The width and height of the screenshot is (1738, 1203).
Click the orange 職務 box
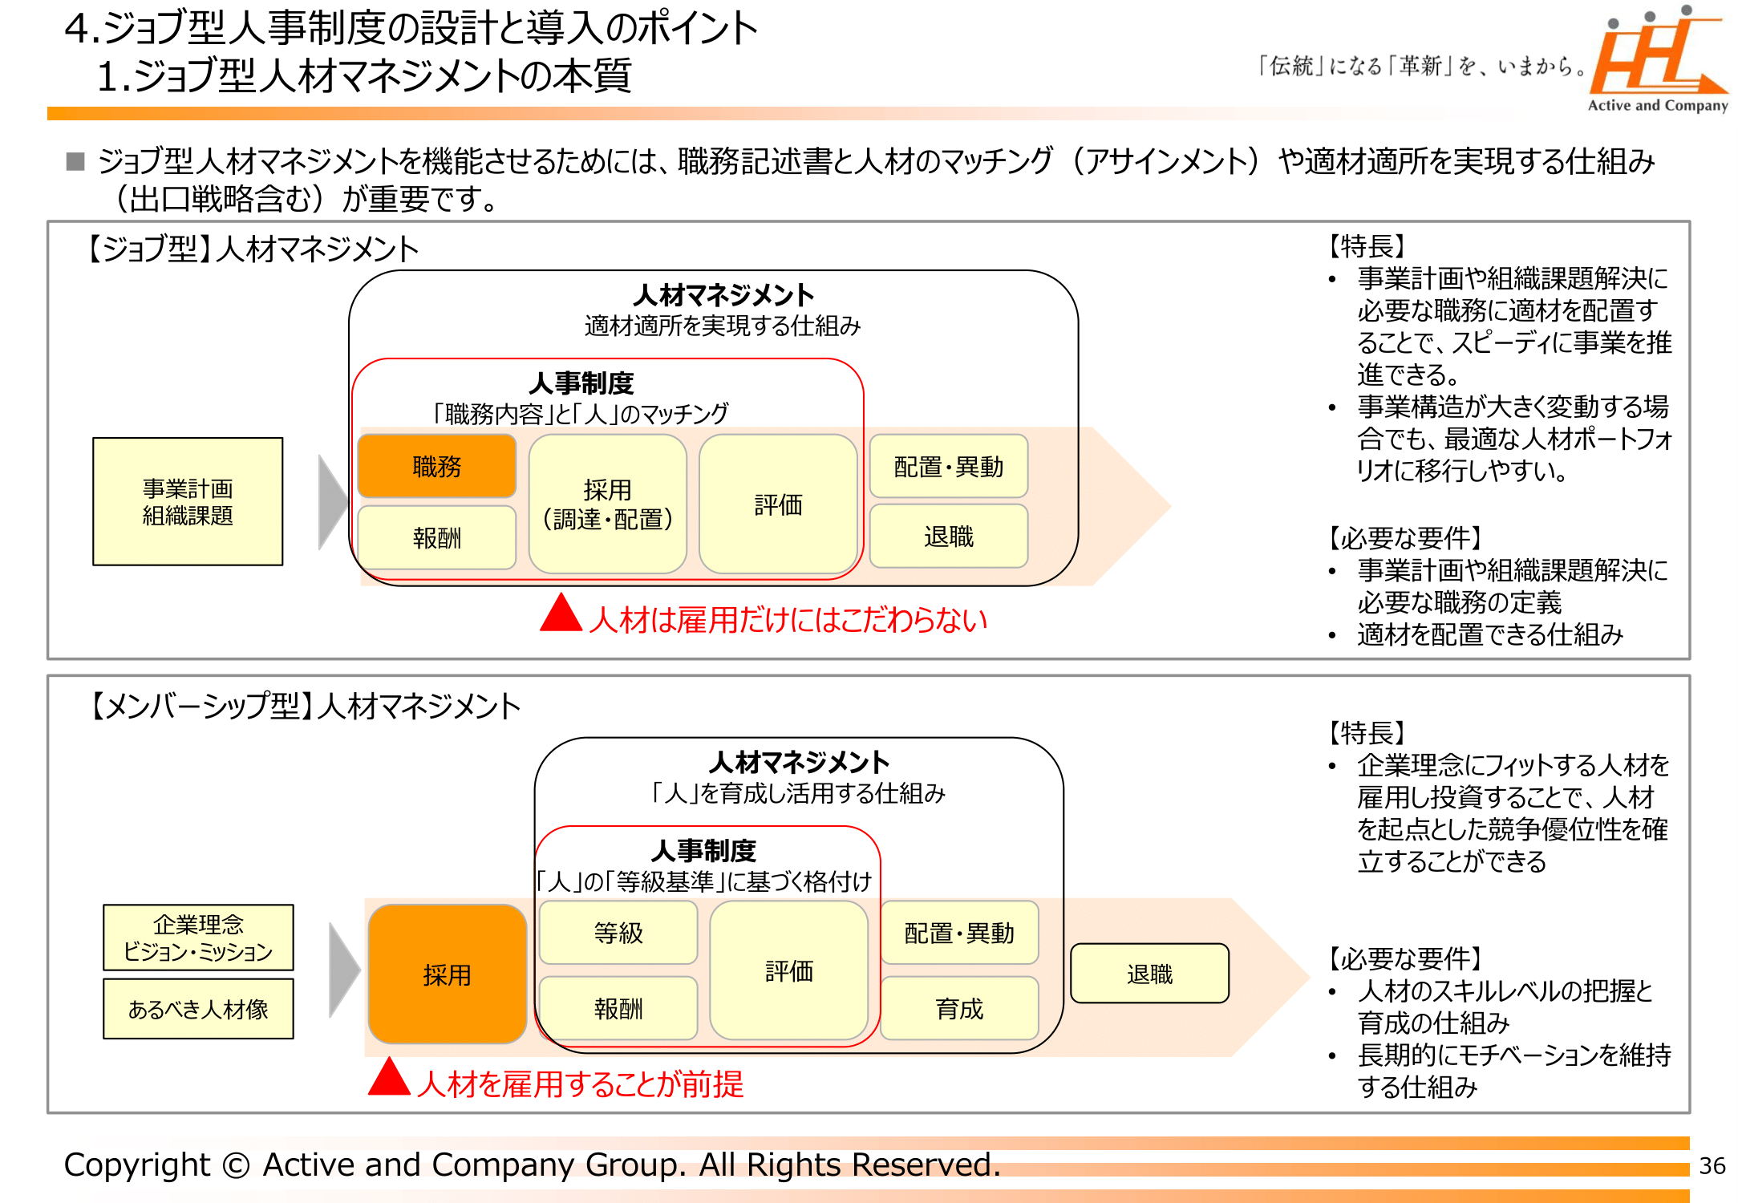click(436, 466)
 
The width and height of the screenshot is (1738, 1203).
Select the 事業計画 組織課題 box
click(188, 501)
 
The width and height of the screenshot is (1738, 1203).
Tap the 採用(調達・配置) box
click(607, 504)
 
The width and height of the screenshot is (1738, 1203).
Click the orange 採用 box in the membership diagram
click(447, 974)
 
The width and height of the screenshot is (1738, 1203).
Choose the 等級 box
click(618, 932)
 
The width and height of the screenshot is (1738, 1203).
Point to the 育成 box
click(959, 1008)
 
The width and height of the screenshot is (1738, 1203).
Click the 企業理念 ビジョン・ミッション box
click(198, 938)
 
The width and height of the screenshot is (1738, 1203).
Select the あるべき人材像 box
click(198, 1009)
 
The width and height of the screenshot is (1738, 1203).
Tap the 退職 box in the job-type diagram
click(948, 537)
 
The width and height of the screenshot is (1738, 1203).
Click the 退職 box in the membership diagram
click(1149, 974)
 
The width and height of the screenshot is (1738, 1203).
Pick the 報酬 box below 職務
click(436, 537)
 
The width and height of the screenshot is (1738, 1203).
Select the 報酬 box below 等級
click(618, 1008)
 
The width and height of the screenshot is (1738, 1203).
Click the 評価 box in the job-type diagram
click(778, 504)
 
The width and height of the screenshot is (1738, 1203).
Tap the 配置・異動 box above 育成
click(959, 932)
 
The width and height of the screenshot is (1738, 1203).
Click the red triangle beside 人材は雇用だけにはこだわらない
click(561, 615)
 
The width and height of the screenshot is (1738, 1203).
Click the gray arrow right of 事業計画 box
click(331, 503)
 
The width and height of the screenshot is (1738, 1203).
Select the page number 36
click(1712, 1165)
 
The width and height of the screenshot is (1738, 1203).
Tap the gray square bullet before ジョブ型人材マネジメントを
click(75, 161)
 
